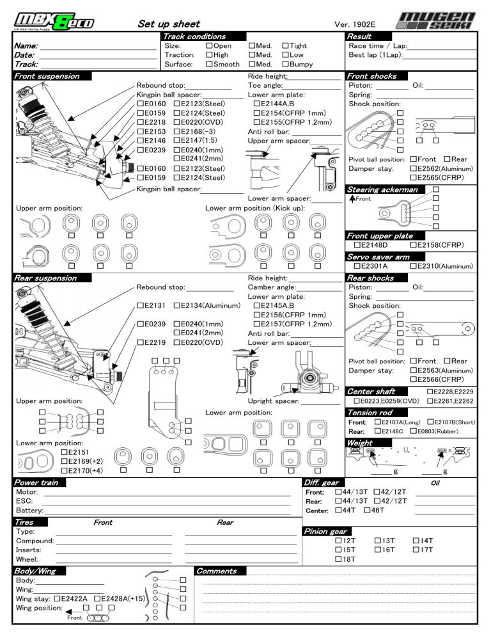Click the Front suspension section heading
[48, 76]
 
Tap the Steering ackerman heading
[383, 189]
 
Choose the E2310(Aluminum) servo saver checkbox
[414, 266]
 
